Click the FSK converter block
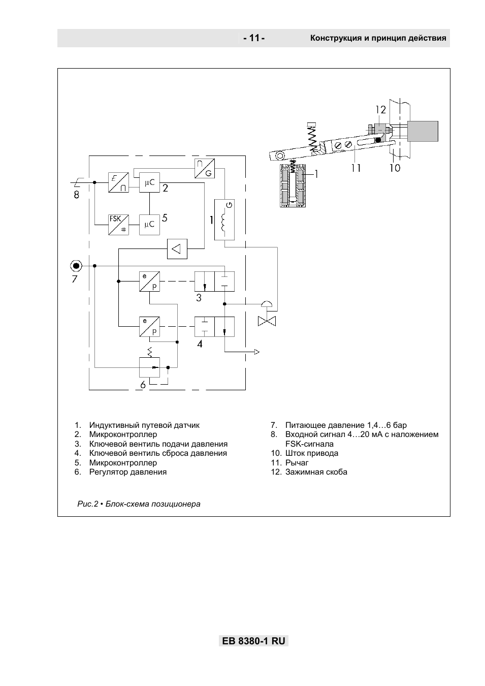pos(118,225)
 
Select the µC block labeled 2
pos(149,182)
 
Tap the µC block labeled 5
pos(149,225)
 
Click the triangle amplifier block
pos(177,248)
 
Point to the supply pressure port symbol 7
pos(76,266)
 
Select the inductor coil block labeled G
pos(224,220)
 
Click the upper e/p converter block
pos(149,282)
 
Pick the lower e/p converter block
pos(149,326)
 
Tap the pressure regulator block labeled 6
pos(149,367)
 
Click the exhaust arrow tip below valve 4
pos(260,352)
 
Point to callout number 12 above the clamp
pos(381,110)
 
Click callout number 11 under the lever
pos(355,168)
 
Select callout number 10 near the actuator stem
pos(395,168)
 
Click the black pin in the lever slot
pos(378,140)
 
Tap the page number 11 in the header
pos(254,38)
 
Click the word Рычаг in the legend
pos(297,462)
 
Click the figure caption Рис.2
pos(87,504)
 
